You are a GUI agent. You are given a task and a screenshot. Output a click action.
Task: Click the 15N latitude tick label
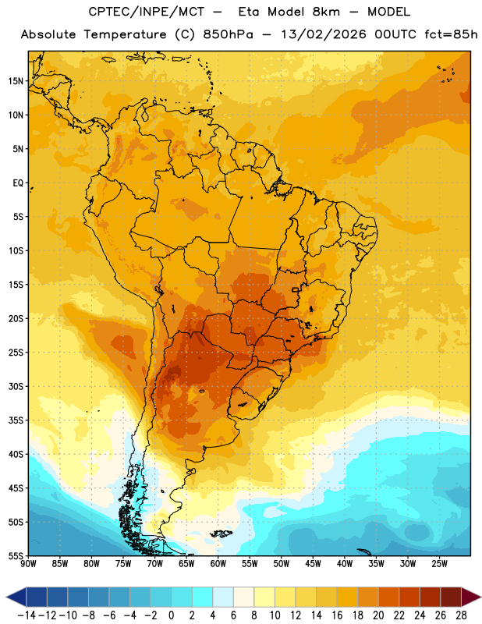tap(16, 81)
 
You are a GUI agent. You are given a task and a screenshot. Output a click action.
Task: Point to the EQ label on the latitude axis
tap(18, 183)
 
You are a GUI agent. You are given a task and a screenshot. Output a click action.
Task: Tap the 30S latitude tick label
tap(16, 386)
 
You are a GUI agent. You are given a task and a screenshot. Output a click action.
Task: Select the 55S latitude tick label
tap(16, 556)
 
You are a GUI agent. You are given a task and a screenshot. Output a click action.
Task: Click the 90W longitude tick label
tap(28, 564)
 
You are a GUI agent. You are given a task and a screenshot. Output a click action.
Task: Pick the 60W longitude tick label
tap(218, 564)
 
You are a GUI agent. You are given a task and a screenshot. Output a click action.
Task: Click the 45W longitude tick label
tap(313, 564)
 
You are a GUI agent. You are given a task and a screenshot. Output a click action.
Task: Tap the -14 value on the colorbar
tap(27, 615)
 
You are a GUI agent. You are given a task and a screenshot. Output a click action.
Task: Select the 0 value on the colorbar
tap(171, 615)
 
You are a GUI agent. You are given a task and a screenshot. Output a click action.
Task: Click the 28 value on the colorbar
tap(461, 615)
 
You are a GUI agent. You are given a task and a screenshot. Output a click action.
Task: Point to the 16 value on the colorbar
tap(337, 615)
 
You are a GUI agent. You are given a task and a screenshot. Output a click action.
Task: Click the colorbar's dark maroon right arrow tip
tap(480, 597)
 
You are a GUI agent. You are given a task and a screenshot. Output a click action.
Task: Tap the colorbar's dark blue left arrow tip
tap(7, 597)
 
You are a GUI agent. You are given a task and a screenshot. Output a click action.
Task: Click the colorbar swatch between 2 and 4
tap(202, 597)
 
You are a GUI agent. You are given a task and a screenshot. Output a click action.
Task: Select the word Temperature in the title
tap(125, 34)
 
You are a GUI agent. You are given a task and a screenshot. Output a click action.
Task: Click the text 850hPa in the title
tap(228, 34)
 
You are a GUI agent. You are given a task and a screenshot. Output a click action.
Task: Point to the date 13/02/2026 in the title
tap(324, 34)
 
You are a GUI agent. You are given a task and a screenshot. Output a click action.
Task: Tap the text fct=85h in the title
tap(451, 34)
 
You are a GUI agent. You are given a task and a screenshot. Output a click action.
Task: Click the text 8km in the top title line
tap(326, 12)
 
